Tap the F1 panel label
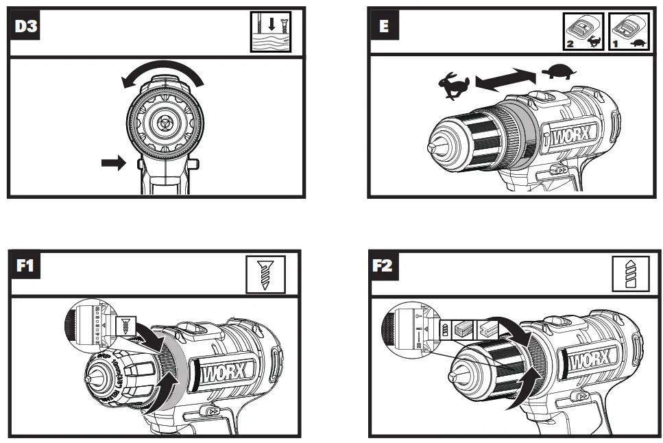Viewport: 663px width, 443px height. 25,265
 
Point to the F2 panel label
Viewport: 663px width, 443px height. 384,265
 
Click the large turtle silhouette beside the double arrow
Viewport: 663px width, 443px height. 559,71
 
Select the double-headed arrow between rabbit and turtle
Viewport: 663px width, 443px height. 506,78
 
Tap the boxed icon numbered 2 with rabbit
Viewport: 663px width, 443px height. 584,32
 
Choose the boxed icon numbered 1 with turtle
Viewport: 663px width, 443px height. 628,32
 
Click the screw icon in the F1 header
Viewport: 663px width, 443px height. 263,276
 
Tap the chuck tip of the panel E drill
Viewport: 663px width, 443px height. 431,147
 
